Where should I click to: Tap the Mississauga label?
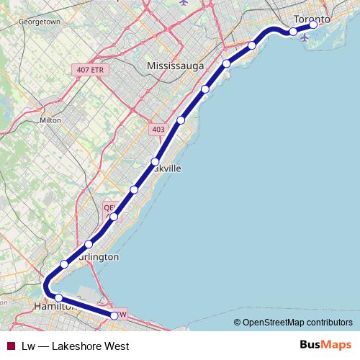pos(175,66)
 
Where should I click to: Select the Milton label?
pos(50,120)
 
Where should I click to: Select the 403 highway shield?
pos(157,130)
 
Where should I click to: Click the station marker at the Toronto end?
pos(314,24)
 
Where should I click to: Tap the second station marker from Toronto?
pos(293,31)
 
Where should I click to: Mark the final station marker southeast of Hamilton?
pos(114,315)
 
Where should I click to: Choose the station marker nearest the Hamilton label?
pos(58,297)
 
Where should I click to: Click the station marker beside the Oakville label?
pos(155,161)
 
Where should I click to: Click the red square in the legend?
pos(11,346)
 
